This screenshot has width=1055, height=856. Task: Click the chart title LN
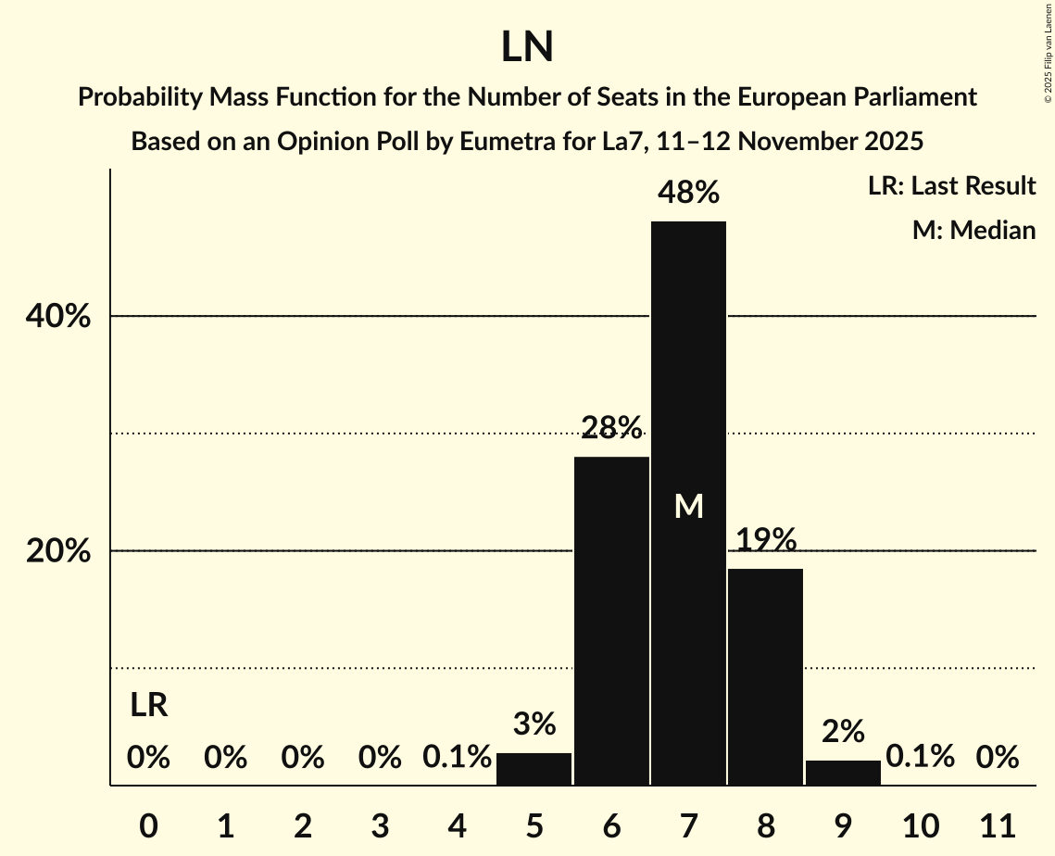(x=527, y=48)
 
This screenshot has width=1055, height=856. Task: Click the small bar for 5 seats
(x=534, y=769)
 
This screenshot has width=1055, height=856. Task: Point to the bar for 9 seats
(x=843, y=773)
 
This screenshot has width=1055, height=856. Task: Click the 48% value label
(x=688, y=193)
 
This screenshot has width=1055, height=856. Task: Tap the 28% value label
(x=611, y=427)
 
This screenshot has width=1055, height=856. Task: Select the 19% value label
(x=766, y=539)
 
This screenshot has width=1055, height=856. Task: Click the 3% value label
(x=534, y=724)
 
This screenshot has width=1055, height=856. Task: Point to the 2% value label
(x=843, y=731)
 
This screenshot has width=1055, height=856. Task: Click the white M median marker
(x=689, y=506)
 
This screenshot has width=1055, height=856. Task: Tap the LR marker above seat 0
(x=148, y=706)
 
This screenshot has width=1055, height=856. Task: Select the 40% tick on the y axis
(x=58, y=317)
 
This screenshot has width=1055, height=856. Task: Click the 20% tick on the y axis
(x=58, y=551)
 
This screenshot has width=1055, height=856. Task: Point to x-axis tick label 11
(x=998, y=825)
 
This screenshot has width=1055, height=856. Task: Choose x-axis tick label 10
(x=920, y=825)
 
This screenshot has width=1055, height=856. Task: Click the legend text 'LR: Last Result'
(x=951, y=186)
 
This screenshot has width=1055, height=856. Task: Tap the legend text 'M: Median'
(x=973, y=230)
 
